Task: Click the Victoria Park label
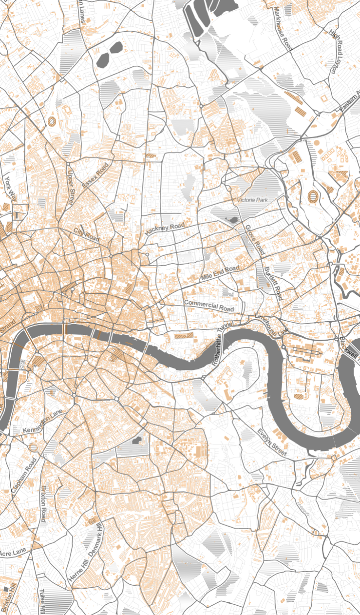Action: coord(253,200)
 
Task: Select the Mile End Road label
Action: coord(220,273)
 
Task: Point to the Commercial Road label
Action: coord(208,306)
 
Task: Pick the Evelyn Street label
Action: coord(272,442)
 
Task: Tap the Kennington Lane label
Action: coord(43,423)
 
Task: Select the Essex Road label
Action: coord(95,175)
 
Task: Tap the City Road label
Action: coord(86,234)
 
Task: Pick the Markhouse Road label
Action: coord(283,29)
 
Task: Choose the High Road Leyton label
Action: coord(336,52)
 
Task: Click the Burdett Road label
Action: coord(273,283)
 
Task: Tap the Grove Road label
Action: coord(255,240)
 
